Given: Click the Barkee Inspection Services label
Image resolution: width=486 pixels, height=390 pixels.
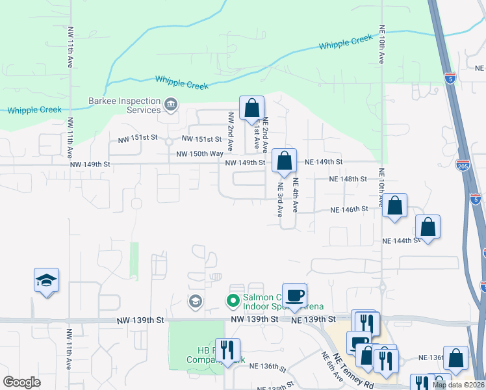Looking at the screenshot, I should click(x=125, y=105).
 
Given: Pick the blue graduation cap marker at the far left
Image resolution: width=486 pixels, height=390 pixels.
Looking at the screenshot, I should click(x=47, y=281).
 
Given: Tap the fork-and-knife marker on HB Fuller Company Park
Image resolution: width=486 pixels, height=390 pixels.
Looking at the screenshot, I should click(x=227, y=350).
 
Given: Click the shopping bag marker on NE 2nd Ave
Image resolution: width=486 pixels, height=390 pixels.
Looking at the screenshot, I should click(x=251, y=109).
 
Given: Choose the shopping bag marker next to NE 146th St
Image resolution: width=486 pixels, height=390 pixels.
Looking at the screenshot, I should click(x=394, y=206).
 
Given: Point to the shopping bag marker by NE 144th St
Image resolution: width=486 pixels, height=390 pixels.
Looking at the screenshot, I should click(x=428, y=227).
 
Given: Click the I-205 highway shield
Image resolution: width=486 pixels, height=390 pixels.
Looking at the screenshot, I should click(x=463, y=165).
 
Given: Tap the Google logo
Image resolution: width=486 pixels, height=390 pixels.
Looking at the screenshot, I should click(x=21, y=382).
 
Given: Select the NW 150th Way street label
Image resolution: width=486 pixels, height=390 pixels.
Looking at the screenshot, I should click(x=200, y=153).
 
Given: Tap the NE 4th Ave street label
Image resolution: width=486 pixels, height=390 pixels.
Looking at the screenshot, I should click(x=295, y=195).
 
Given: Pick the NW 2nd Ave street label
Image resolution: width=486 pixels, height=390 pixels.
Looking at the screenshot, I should click(x=230, y=132).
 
